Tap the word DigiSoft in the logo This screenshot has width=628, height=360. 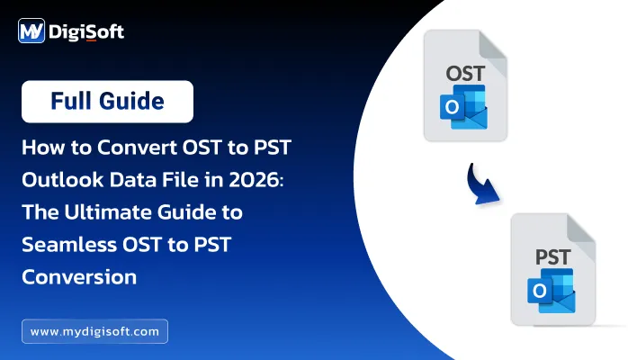point(89,33)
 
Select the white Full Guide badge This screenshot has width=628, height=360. point(108,102)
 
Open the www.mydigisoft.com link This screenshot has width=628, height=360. point(94,331)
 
